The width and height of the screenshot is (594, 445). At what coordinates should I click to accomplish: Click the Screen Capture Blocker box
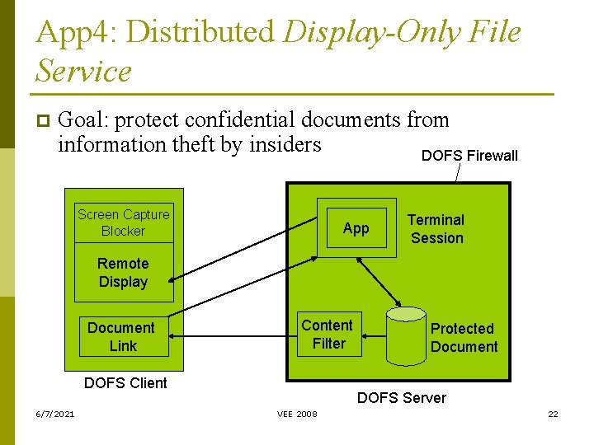[x=124, y=222]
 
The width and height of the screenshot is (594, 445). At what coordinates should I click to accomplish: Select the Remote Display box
[x=124, y=273]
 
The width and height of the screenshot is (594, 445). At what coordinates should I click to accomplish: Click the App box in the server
[x=356, y=228]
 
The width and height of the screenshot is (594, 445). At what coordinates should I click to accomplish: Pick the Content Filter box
[x=328, y=335]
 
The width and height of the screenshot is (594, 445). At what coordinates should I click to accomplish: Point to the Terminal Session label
[x=436, y=229]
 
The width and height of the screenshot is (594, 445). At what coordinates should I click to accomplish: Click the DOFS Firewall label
[x=469, y=156]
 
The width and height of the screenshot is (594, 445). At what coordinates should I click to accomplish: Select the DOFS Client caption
[x=125, y=383]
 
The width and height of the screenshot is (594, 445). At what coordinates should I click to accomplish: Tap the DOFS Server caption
[x=401, y=398]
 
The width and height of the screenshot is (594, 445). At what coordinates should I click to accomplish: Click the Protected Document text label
[x=464, y=338]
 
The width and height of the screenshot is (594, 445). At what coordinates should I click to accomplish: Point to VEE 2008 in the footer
[x=297, y=414]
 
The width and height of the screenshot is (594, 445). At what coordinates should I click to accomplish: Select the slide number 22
[x=553, y=414]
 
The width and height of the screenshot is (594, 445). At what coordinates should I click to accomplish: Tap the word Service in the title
[x=83, y=71]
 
